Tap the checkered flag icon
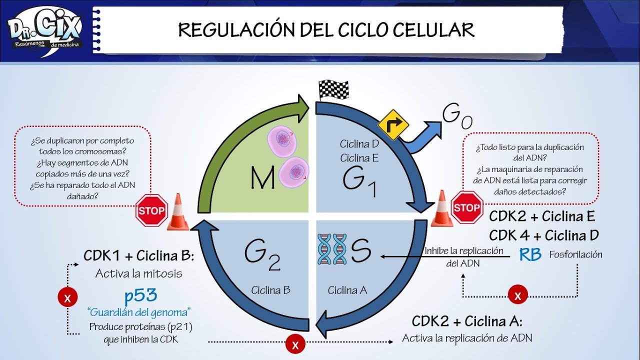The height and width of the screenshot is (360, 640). tap(333, 90)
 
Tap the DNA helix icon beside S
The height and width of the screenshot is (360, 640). tap(331, 249)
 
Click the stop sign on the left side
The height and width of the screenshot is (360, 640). tap(151, 210)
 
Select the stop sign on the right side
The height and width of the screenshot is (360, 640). tap(467, 207)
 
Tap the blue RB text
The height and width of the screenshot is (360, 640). tap(530, 255)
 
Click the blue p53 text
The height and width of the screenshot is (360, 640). tap(140, 296)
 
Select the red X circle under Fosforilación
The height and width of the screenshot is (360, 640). tap(518, 295)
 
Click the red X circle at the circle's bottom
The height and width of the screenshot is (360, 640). tap(295, 344)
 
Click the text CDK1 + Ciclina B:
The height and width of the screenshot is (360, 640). tap(138, 256)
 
